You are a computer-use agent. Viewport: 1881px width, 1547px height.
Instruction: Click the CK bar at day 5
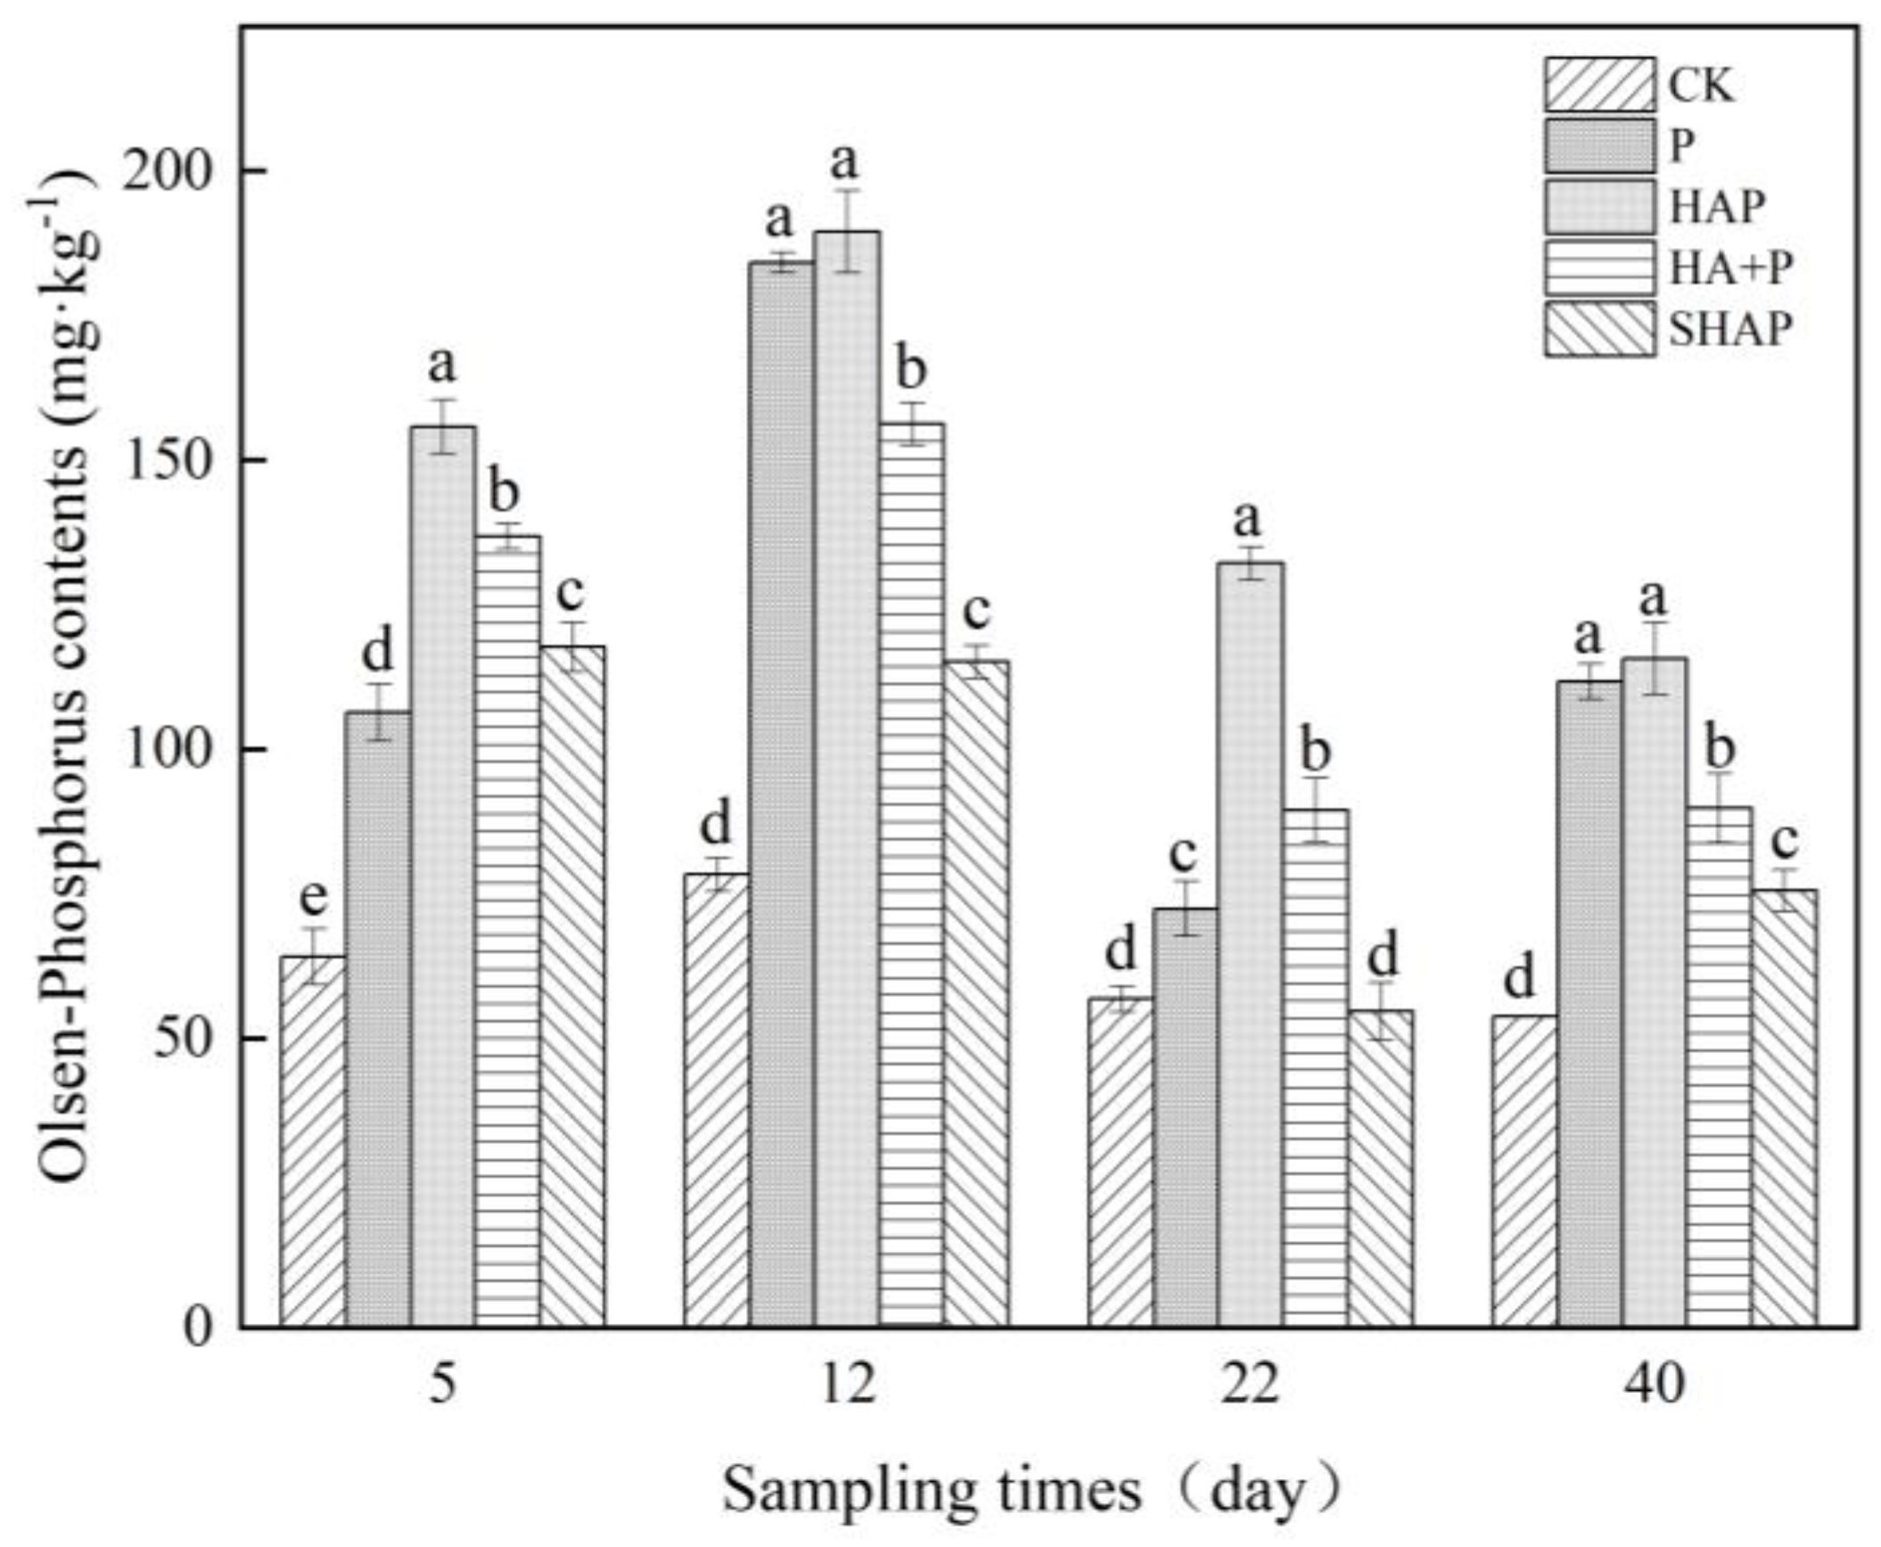tap(313, 1141)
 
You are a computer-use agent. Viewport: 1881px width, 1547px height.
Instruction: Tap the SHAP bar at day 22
tap(1380, 1168)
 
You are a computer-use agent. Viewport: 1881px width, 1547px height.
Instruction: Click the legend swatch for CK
tap(1599, 86)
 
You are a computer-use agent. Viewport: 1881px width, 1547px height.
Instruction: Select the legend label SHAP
tap(1729, 330)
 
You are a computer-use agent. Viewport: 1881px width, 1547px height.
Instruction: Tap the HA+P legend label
tap(1729, 267)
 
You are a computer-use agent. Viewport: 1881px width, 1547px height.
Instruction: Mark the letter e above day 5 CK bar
tap(313, 898)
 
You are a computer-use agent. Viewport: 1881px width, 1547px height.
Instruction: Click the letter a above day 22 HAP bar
tap(1248, 519)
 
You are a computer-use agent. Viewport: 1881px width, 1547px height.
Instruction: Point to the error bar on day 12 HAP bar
tap(848, 231)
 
